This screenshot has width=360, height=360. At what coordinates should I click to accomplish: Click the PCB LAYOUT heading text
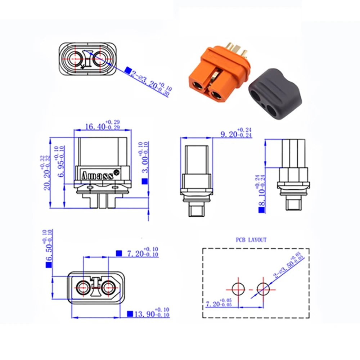click(x=251, y=240)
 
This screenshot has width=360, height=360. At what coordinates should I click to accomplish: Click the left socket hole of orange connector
click(x=198, y=85)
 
